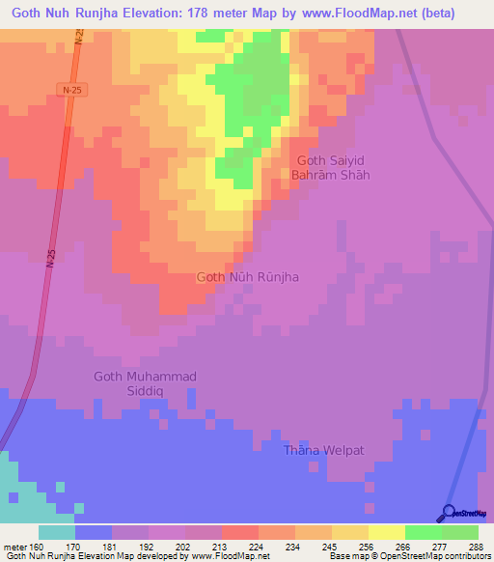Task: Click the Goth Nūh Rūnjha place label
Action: coord(247,277)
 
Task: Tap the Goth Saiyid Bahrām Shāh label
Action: coord(331,168)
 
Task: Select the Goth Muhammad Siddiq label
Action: coord(145,383)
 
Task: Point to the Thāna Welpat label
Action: coord(324,450)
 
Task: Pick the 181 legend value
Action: coord(112,546)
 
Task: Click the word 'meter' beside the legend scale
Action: coord(14,546)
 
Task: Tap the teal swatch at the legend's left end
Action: coord(57,532)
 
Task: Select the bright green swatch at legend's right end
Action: coord(460,532)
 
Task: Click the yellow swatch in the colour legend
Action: coord(387,532)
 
